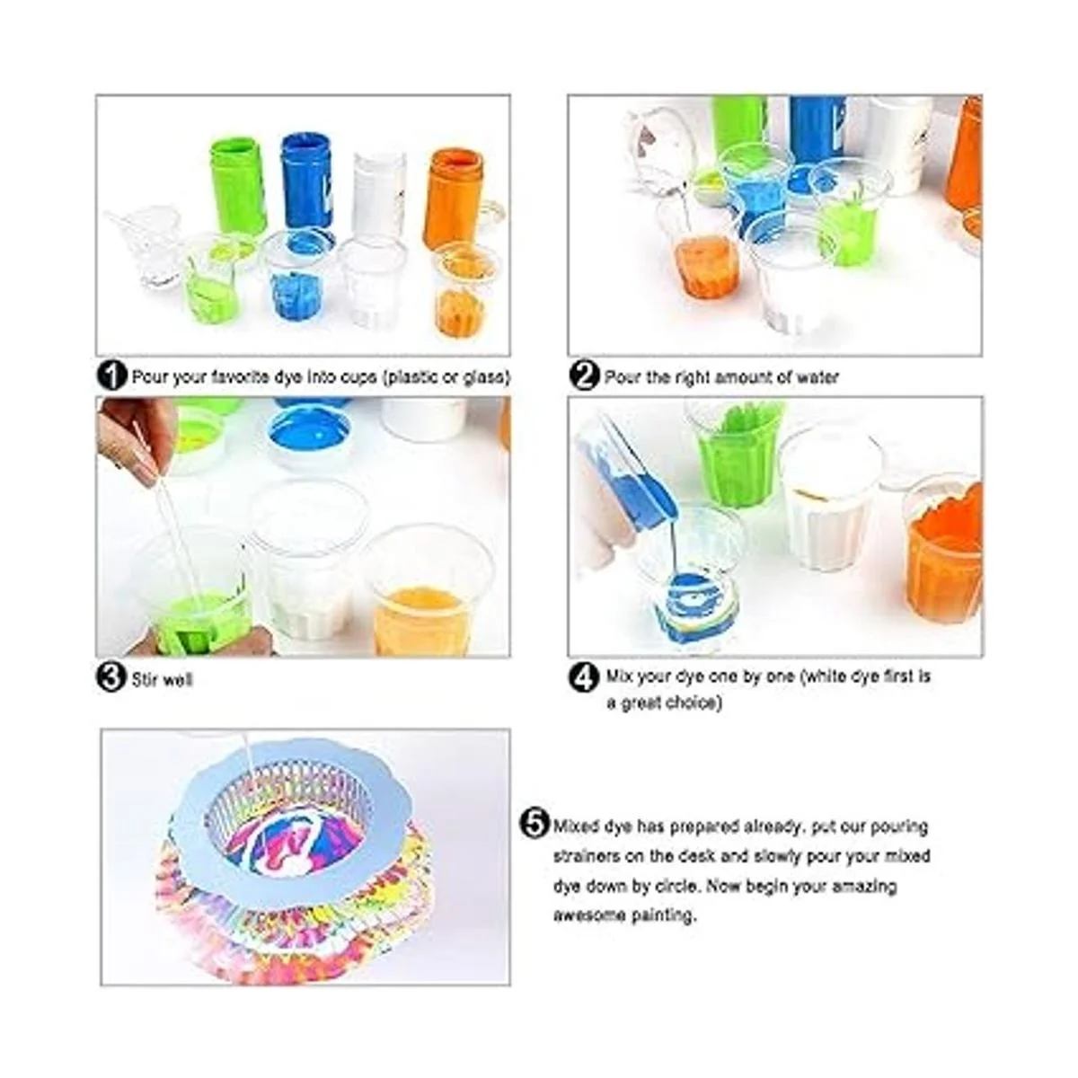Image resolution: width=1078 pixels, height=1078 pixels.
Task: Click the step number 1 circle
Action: click(111, 376)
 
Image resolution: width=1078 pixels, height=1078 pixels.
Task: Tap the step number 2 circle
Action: click(585, 376)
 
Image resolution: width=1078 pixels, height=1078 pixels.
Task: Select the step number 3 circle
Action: click(111, 677)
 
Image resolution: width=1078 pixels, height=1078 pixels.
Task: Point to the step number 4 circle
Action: click(585, 676)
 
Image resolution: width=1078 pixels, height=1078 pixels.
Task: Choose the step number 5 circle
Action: click(536, 824)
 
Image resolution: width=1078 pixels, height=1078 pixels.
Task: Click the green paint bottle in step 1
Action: click(238, 185)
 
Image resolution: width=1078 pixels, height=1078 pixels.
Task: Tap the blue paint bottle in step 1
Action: click(306, 180)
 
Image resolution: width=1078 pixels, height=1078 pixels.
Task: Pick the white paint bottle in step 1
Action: click(379, 193)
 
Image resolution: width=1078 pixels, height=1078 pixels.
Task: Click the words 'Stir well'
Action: click(162, 680)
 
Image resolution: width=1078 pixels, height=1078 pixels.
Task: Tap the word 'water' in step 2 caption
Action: click(817, 377)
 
